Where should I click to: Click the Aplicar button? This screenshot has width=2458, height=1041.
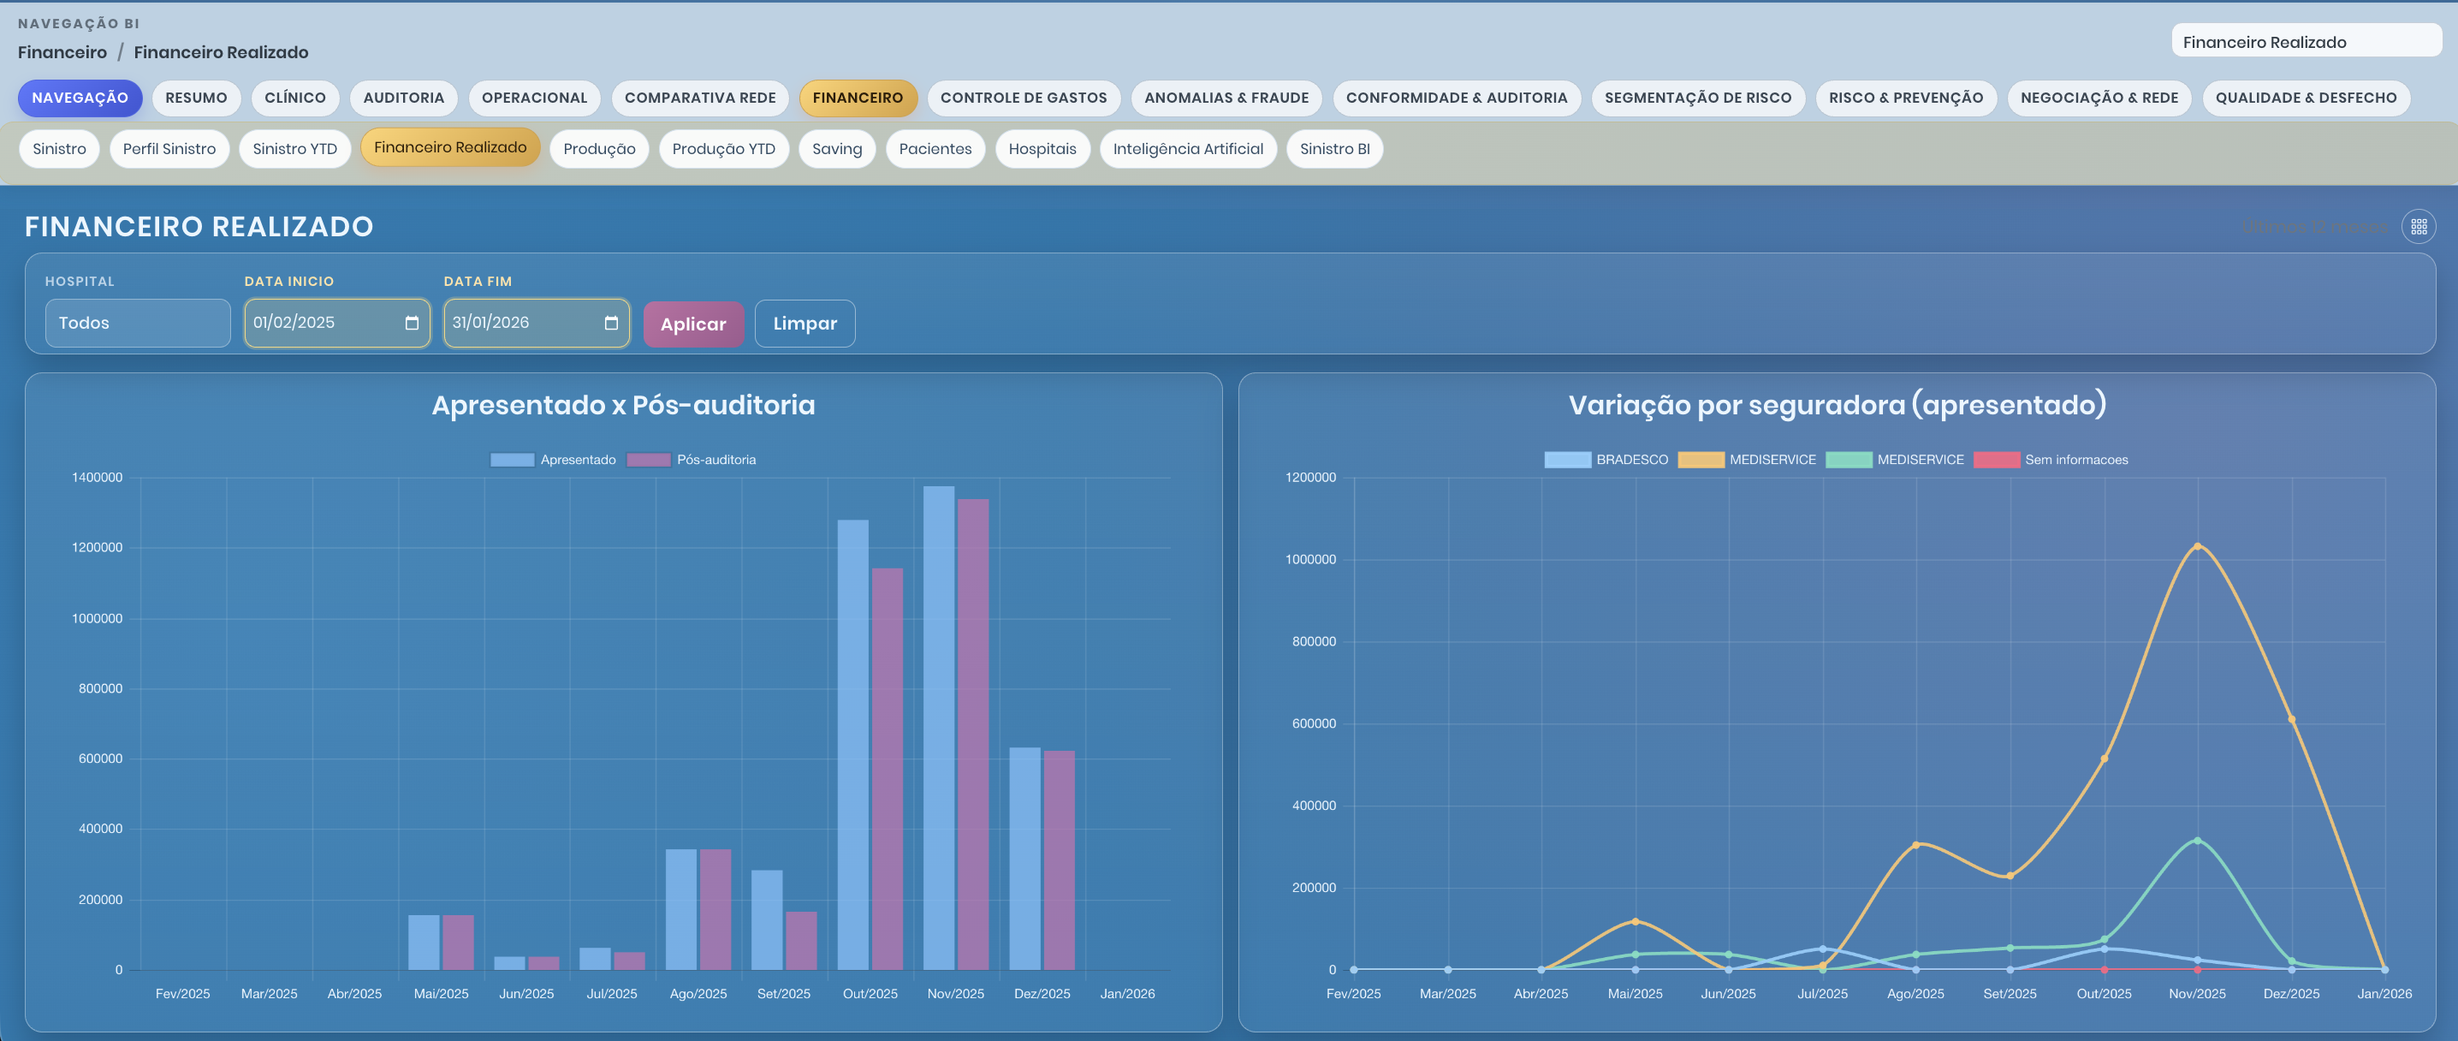point(692,324)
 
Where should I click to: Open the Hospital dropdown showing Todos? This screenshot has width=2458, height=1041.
point(138,323)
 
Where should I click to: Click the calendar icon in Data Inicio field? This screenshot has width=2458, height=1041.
point(412,323)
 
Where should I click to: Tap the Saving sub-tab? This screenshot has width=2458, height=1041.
point(836,149)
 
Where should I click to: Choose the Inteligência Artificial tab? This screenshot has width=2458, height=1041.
point(1187,149)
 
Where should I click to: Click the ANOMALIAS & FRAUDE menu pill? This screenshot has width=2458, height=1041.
point(1226,98)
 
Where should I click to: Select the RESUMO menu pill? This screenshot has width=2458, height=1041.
point(196,98)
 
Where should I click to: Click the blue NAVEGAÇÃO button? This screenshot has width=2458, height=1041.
point(80,98)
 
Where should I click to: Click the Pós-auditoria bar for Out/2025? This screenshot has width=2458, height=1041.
point(887,768)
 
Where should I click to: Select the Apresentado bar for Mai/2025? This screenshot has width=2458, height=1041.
point(424,942)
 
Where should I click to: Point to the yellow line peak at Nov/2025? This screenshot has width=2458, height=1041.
point(2197,547)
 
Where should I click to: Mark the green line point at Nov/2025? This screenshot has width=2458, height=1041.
point(2197,841)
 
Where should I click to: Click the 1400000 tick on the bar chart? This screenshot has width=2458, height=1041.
point(97,477)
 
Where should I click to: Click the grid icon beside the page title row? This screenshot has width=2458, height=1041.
point(2418,226)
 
